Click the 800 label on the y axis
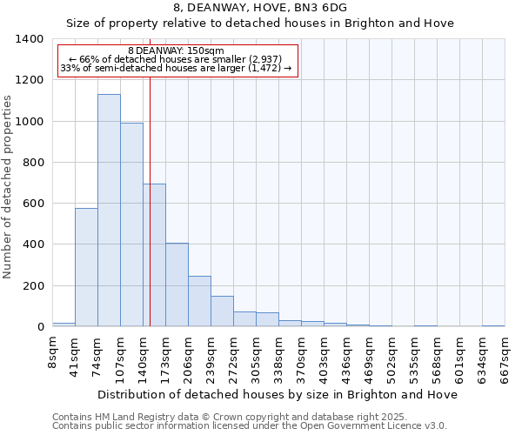pyautogui.click(x=33, y=163)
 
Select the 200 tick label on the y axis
pyautogui.click(x=33, y=286)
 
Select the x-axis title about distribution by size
pyautogui.click(x=277, y=394)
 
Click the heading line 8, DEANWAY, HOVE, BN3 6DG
pyautogui.click(x=260, y=8)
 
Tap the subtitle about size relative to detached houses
pyautogui.click(x=260, y=23)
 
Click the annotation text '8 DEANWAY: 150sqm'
pyautogui.click(x=176, y=50)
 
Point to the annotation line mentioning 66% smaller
pyautogui.click(x=177, y=59)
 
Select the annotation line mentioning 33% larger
pyautogui.click(x=177, y=68)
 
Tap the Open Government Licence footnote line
pyautogui.click(x=250, y=425)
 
